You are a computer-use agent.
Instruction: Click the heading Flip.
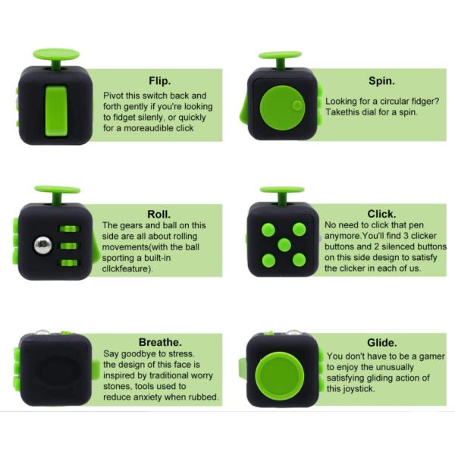[159, 81]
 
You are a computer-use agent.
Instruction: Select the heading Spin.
[381, 81]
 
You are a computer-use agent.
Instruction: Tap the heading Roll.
[158, 214]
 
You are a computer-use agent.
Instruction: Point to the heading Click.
[381, 214]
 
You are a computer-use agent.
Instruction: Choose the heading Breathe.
[160, 342]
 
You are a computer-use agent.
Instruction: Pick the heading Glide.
[382, 343]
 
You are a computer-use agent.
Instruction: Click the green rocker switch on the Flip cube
[56, 111]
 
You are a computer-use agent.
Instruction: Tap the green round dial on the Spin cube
[282, 108]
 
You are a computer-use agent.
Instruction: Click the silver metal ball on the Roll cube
[43, 245]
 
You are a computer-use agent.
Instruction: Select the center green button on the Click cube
[284, 245]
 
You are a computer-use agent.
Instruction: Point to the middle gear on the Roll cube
[69, 246]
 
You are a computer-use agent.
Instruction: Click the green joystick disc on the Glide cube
[280, 376]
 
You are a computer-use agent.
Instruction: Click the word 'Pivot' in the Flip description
[113, 96]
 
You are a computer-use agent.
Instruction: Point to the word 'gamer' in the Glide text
[431, 356]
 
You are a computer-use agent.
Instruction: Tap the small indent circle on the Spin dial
[297, 105]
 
